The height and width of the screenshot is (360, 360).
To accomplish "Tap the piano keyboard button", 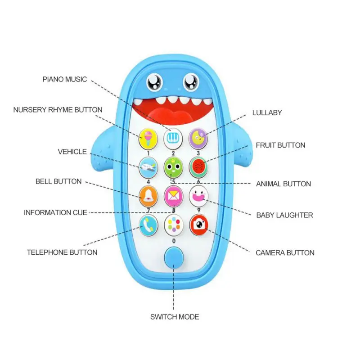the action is pos(173,139).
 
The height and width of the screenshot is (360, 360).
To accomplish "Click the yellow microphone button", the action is pos(148,139).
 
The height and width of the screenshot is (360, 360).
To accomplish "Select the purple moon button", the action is pos(198,139).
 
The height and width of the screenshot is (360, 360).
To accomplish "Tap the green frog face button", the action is pos(173,167).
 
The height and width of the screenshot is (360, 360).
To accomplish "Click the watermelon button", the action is pos(198,167).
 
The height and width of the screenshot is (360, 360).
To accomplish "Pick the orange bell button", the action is pos(148,196).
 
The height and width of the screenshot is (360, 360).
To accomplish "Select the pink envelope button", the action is pos(174,196).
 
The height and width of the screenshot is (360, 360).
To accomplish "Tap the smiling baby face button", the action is pos(198,196).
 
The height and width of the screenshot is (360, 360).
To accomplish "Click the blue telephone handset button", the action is pos(148,225).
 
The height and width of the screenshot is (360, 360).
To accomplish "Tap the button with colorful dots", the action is pos(174,225).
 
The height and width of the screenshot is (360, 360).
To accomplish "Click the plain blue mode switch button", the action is pos(174,257).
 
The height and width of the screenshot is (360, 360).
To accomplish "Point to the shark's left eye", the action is pos(154,82).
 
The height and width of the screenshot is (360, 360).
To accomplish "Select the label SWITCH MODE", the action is pos(175,317).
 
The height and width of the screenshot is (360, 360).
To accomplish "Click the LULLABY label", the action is pos(267,112).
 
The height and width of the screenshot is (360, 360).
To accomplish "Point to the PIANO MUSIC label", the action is pos(65,79).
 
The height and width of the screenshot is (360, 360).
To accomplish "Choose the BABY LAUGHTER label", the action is pos(284,215).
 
